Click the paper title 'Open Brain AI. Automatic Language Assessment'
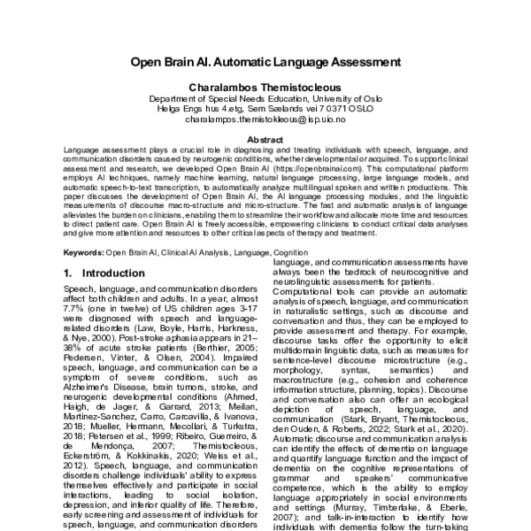[x=265, y=63]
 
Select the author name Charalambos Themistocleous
[x=265, y=89]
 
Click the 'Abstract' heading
[x=265, y=140]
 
